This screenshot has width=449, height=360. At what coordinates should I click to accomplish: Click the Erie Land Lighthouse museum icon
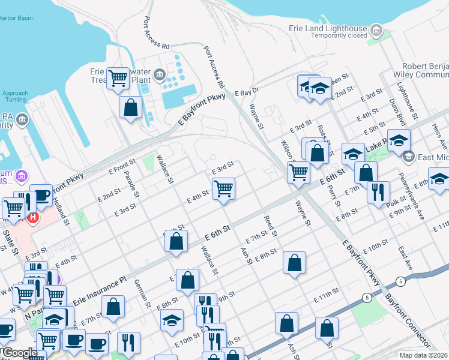point(376,29)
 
